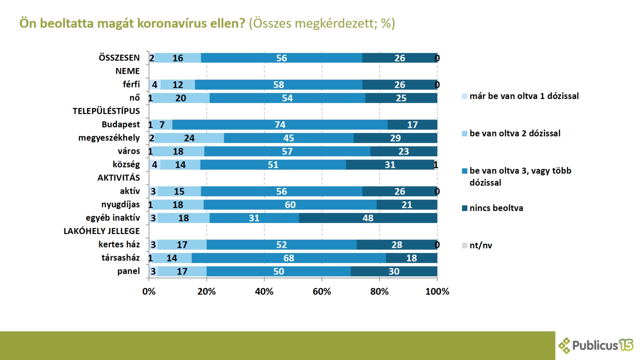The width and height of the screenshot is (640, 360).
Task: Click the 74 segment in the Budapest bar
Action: coord(280,125)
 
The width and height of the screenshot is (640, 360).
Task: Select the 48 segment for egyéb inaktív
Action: coord(368,218)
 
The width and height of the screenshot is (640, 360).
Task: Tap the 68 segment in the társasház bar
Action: coord(288,258)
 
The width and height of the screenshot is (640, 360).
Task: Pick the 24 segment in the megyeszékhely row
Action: coord(189,138)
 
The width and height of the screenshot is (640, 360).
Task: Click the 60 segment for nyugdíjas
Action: coord(290,205)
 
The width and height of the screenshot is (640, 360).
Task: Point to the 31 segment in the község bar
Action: coord(390,165)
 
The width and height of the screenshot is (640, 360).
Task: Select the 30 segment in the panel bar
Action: coord(394,271)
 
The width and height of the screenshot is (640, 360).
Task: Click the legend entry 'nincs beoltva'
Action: coord(496,208)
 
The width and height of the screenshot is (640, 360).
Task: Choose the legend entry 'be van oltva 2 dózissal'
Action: coord(515,133)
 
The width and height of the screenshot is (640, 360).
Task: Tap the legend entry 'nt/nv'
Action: coord(480,245)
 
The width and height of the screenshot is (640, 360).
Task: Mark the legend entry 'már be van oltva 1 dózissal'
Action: coord(524,96)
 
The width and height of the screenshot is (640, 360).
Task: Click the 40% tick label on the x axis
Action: coord(264,292)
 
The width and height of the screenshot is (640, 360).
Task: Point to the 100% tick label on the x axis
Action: coord(437,292)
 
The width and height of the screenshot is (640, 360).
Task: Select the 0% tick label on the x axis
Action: coord(149,292)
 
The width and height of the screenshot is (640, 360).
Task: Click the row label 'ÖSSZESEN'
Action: coord(119,58)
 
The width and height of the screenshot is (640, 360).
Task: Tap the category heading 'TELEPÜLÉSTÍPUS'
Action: coord(106,111)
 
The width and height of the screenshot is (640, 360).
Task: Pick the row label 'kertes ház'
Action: coord(119,245)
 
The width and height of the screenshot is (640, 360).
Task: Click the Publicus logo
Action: coord(596,345)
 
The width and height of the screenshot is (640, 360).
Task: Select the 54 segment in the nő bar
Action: coord(287,98)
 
